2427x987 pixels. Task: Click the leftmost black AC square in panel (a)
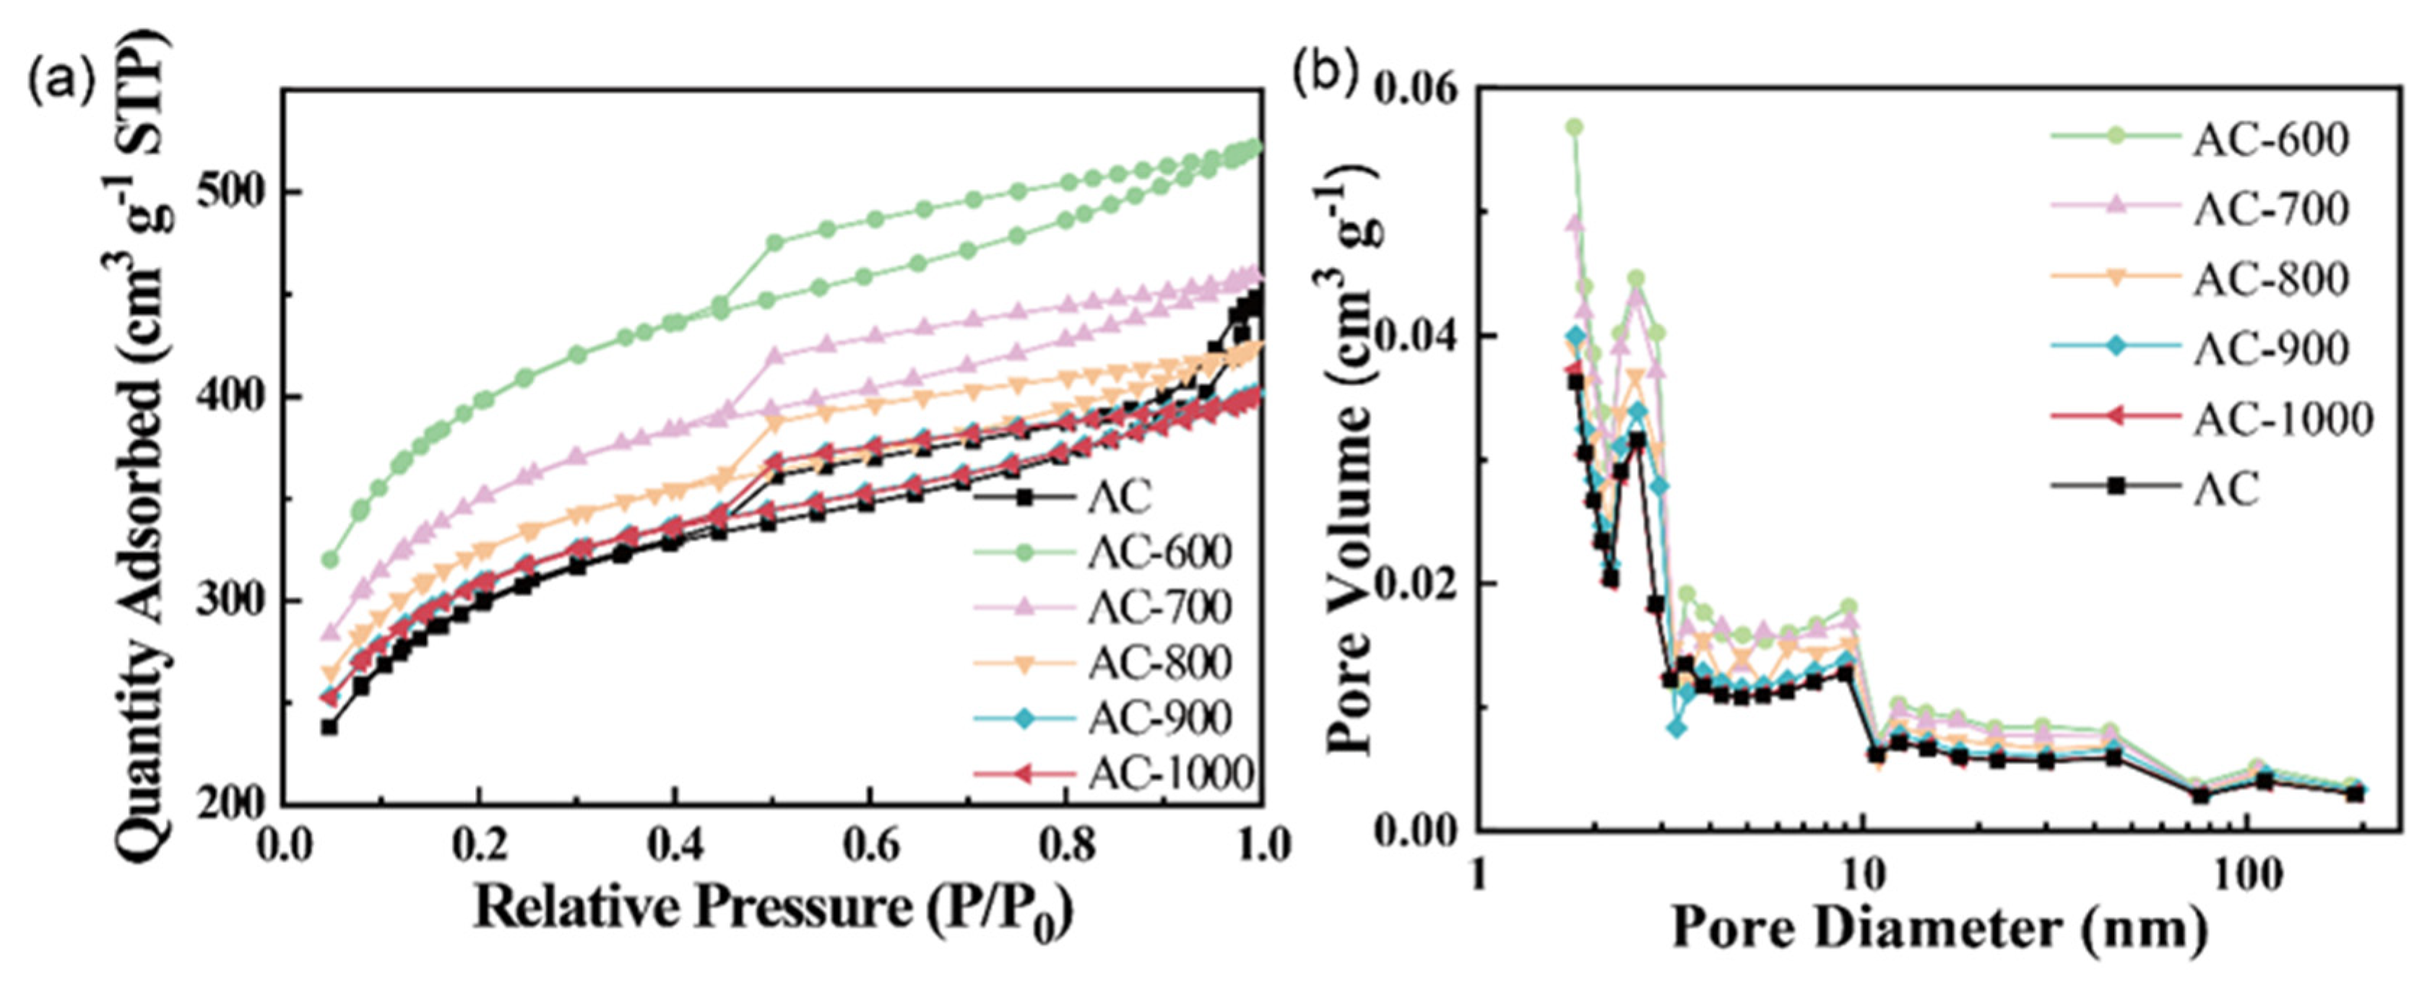[x=329, y=727]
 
